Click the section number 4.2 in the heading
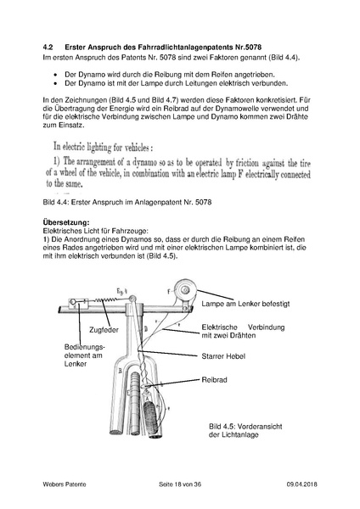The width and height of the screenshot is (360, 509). [49, 45]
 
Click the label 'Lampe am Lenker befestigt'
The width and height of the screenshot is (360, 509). [251, 303]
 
